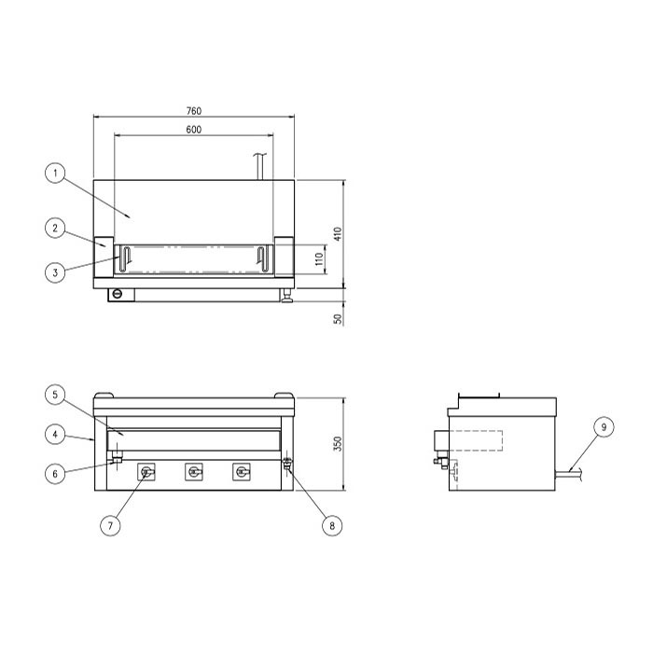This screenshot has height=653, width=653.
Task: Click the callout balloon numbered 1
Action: click(x=55, y=173)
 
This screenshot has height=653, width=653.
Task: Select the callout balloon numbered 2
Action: click(x=55, y=228)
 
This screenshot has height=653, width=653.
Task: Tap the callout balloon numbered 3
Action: click(x=55, y=272)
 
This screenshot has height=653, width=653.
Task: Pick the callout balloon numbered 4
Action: click(x=55, y=435)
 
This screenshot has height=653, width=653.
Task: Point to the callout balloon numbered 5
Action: click(x=55, y=395)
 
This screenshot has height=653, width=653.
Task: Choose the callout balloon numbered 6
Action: click(x=55, y=474)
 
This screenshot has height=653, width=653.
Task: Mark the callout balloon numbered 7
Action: click(x=110, y=525)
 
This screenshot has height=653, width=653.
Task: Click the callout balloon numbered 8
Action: click(x=332, y=525)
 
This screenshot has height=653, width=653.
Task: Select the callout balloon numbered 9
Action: click(x=604, y=427)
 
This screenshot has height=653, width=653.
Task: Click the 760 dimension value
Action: click(x=194, y=111)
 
